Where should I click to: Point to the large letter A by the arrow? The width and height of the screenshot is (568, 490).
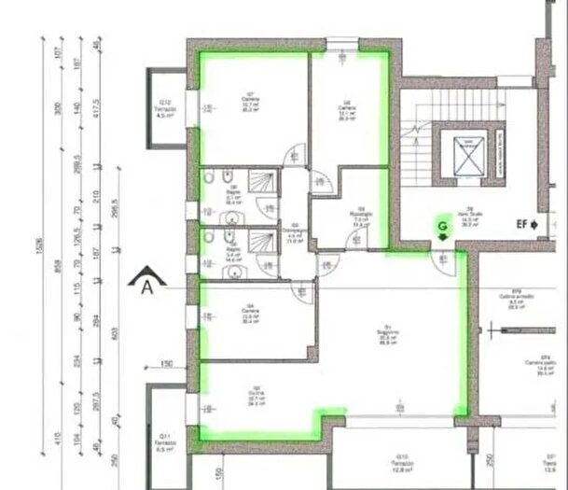[x=146, y=287]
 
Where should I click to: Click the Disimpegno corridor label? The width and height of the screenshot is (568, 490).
[x=295, y=232]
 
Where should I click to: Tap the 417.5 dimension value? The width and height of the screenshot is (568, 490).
[x=99, y=102]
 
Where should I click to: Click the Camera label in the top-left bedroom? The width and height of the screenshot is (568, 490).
[x=250, y=103]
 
